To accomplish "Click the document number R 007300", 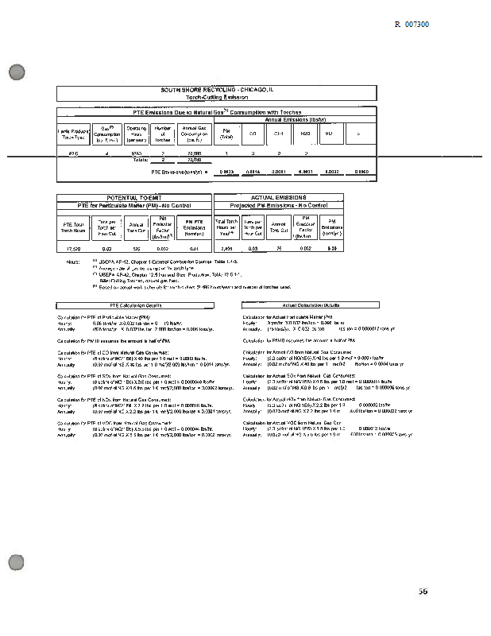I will (x=412, y=25).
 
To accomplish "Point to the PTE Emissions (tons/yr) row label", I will (x=179, y=172).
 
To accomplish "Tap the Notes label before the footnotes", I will (x=74, y=260).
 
